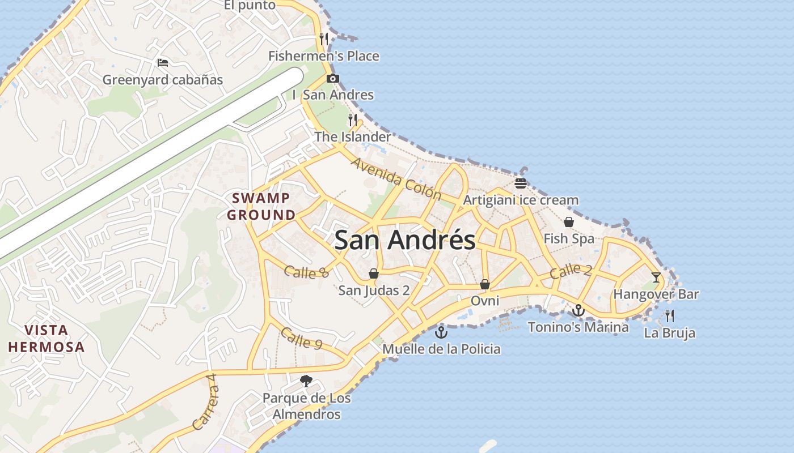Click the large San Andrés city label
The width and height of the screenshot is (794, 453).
pyautogui.click(x=405, y=240)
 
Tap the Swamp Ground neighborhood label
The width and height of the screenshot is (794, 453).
pyautogui.click(x=261, y=207)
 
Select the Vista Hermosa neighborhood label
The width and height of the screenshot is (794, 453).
pyautogui.click(x=47, y=339)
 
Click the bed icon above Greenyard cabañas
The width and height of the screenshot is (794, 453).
pyautogui.click(x=163, y=63)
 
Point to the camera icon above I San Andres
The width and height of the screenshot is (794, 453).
pyautogui.click(x=333, y=79)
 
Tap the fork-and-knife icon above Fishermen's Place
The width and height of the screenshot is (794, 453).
pyautogui.click(x=324, y=39)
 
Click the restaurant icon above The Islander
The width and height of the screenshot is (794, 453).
pyautogui.click(x=353, y=119)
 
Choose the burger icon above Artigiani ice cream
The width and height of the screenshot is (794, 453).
pyautogui.click(x=521, y=183)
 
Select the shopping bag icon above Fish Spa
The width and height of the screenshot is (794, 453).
pyautogui.click(x=569, y=222)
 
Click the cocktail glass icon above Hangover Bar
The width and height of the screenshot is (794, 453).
pyautogui.click(x=656, y=277)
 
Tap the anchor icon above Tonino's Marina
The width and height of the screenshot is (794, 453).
pyautogui.click(x=578, y=310)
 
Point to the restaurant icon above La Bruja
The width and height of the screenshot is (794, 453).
pyautogui.click(x=670, y=315)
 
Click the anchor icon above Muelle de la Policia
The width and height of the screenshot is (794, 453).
pyautogui.click(x=441, y=332)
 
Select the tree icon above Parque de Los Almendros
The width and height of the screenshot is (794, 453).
pyautogui.click(x=306, y=381)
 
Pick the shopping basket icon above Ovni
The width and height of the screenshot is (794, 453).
pyautogui.click(x=485, y=284)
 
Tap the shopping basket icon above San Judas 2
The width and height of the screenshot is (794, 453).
pyautogui.click(x=374, y=274)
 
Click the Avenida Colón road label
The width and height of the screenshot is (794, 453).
pyautogui.click(x=396, y=179)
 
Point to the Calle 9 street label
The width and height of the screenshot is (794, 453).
pyautogui.click(x=301, y=338)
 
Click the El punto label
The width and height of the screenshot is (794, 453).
pyautogui.click(x=250, y=6)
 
